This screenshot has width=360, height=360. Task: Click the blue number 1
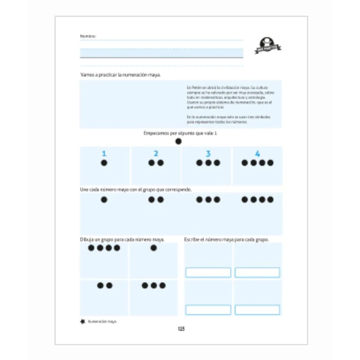coord(104,153)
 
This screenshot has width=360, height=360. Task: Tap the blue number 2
coord(156,153)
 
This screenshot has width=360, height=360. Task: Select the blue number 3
coord(208,153)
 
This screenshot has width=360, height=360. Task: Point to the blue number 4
coord(257,153)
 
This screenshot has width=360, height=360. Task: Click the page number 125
coord(181,329)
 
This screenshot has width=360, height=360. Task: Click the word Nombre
coord(88,36)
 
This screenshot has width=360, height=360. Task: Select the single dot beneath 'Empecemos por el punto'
coord(179,141)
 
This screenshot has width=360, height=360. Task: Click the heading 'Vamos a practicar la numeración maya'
coord(120,75)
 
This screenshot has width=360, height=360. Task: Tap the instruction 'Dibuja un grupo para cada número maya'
coord(122,239)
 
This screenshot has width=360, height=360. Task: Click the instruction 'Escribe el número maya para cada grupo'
coord(226,239)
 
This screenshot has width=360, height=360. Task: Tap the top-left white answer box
coord(208,273)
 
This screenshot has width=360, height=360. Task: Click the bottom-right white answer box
coord(257,310)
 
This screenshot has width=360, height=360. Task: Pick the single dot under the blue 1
coord(104,163)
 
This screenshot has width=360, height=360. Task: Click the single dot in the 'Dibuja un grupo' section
coord(153,248)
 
